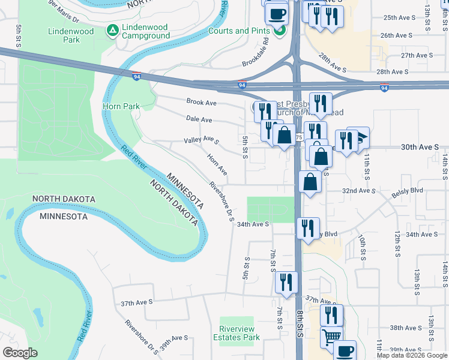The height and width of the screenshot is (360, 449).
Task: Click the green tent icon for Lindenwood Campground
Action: tap(112, 30)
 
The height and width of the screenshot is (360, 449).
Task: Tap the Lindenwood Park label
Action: tap(64, 35)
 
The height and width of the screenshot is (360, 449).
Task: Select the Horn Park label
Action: tap(121, 106)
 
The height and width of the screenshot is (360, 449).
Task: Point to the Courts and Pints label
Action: tap(238, 31)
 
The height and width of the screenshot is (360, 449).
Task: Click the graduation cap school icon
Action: tap(358, 138)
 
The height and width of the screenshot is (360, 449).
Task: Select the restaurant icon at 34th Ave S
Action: tap(307, 228)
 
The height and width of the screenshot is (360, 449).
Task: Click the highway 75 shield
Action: tap(299, 137)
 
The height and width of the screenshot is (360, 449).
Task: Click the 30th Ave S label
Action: tap(420, 146)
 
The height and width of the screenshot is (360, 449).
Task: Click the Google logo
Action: tap(20, 353)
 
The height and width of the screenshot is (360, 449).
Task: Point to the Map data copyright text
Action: tap(412, 355)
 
